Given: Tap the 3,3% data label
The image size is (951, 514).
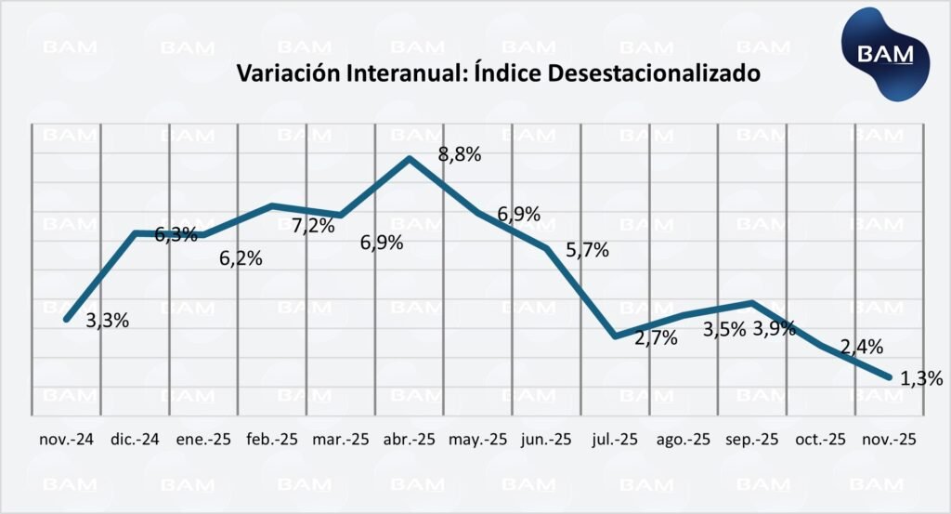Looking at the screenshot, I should coord(107,321).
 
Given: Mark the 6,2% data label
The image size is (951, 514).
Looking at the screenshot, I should coord(241,258).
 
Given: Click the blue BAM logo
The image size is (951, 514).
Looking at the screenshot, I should coord(884,53).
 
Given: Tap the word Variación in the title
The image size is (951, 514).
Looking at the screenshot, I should coord(284,73).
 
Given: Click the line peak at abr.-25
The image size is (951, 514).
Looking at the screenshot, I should coord(410,158).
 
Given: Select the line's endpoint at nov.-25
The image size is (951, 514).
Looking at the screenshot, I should coord(890,377).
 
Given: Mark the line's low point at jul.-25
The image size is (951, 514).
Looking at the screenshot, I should coord(615,336).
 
